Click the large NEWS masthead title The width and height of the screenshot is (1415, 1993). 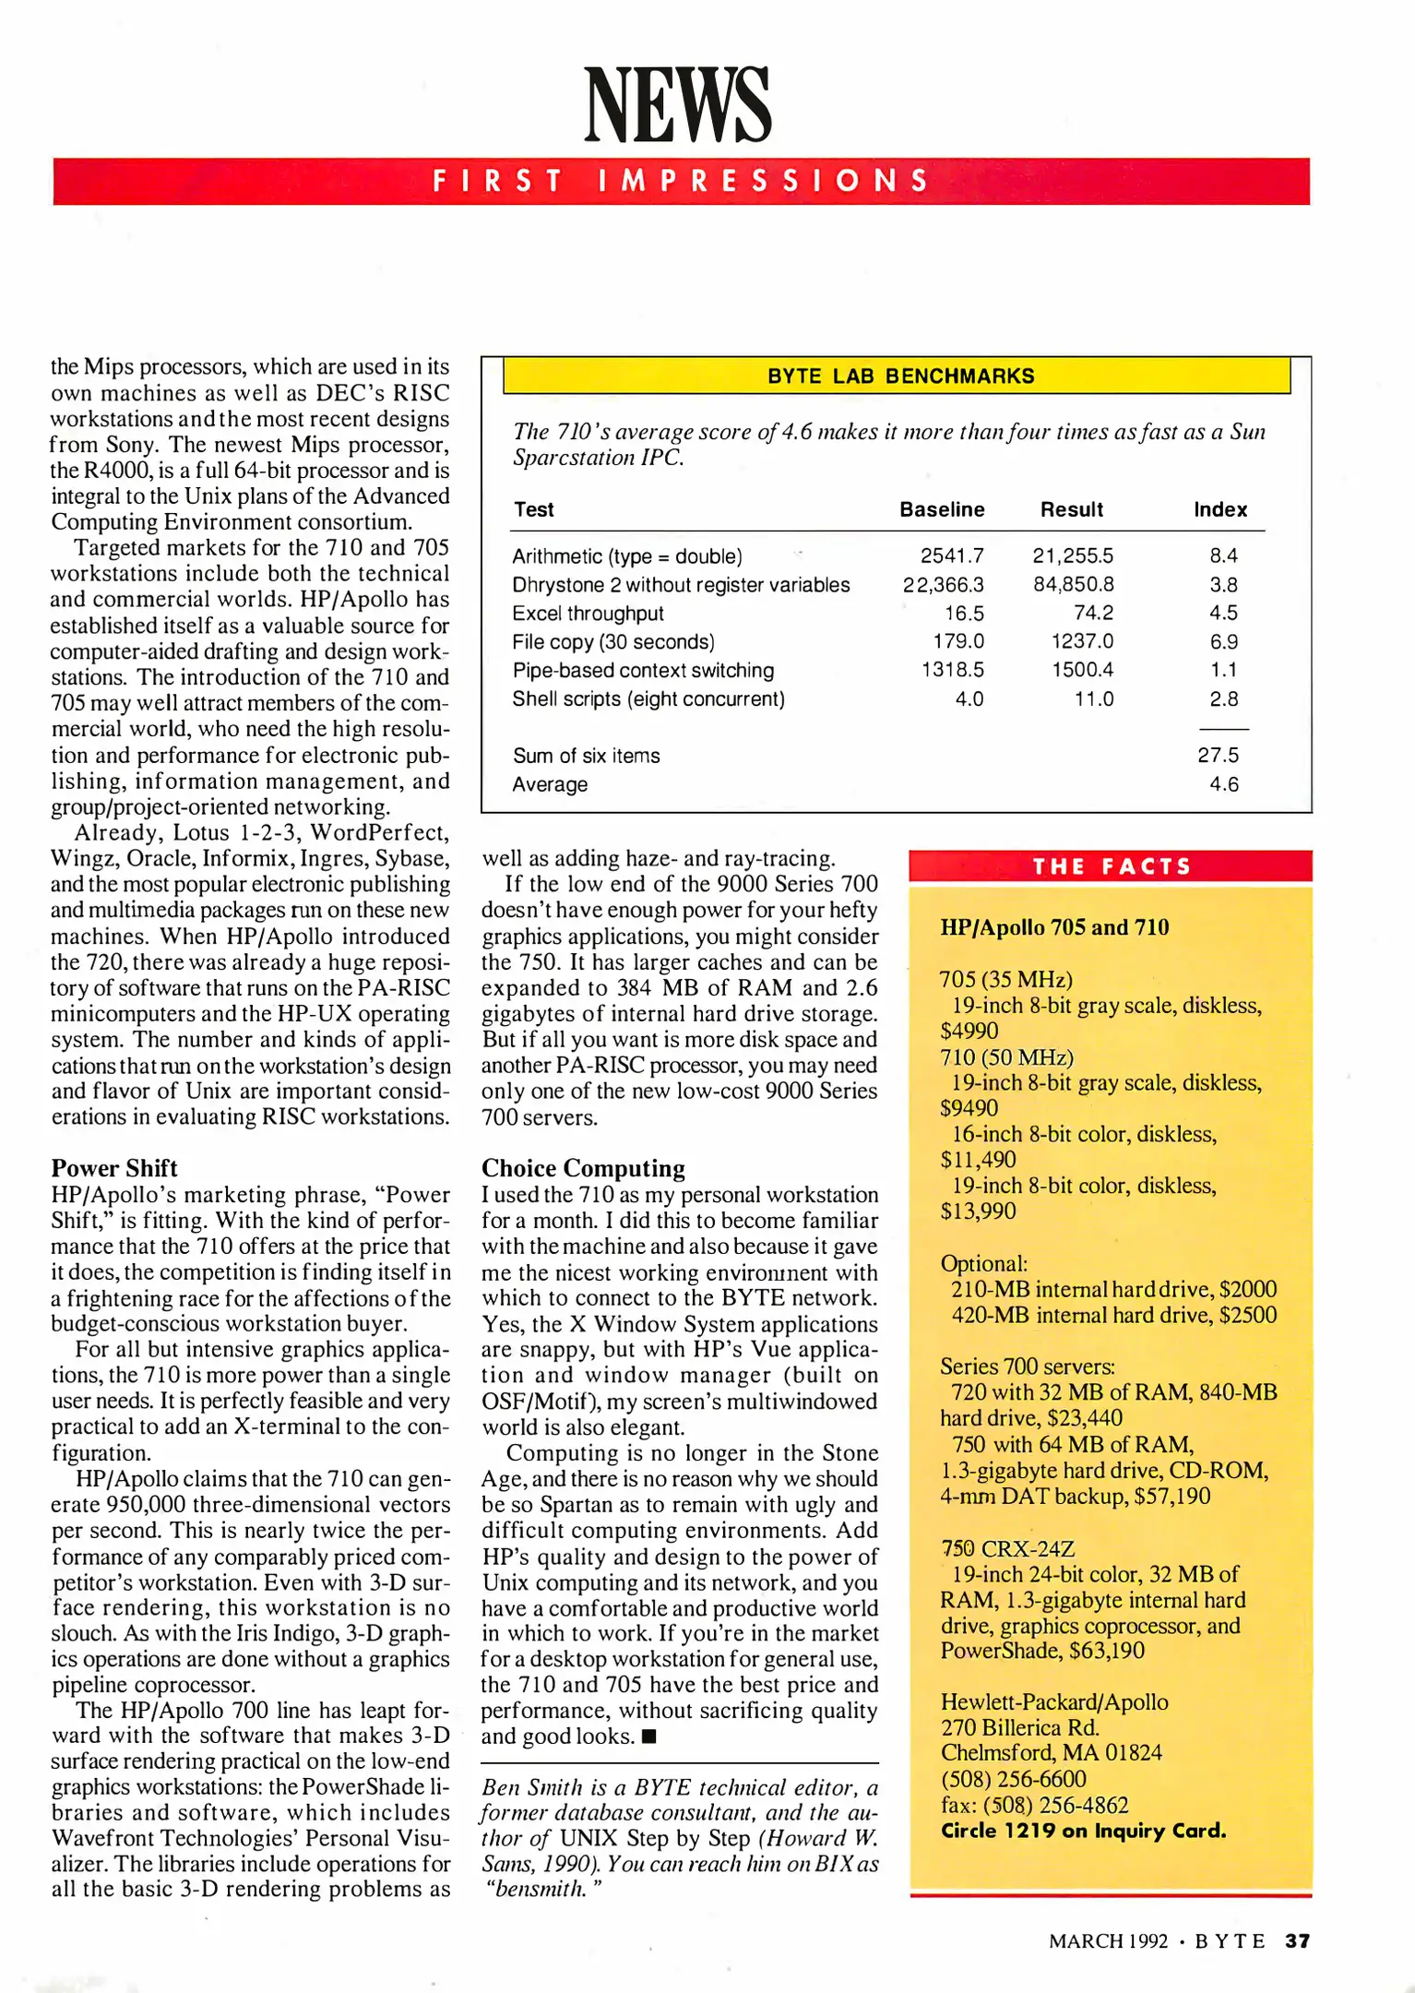pos(678,105)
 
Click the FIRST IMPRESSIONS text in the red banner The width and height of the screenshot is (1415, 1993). pos(681,180)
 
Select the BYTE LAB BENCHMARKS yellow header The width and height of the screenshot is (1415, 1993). pos(900,376)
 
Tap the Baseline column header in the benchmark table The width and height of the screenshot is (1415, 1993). pos(942,509)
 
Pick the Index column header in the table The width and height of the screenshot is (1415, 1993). pos(1219,509)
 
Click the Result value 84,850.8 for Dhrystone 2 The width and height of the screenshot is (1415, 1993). pos(1073,585)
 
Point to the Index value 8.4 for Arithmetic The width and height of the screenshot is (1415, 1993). pos(1223,555)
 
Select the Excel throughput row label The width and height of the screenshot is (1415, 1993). pos(588,614)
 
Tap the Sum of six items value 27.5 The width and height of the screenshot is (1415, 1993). pos(1218,756)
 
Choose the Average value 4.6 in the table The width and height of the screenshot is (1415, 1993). pos(1223,784)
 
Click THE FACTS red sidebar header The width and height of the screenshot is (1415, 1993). pos(1112,866)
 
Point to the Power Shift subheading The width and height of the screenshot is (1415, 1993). pos(114,1168)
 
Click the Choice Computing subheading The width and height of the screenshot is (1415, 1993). pos(583,1168)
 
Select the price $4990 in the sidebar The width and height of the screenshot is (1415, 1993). pos(969,1031)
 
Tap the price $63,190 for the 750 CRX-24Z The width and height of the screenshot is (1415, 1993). pos(1107,1651)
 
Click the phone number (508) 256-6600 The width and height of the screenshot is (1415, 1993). pos(1013,1779)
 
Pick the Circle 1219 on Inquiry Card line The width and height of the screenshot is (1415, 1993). pos(1083,1831)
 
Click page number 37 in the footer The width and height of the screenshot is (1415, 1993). pos(1297,1941)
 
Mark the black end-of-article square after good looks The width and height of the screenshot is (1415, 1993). pos(648,1737)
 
